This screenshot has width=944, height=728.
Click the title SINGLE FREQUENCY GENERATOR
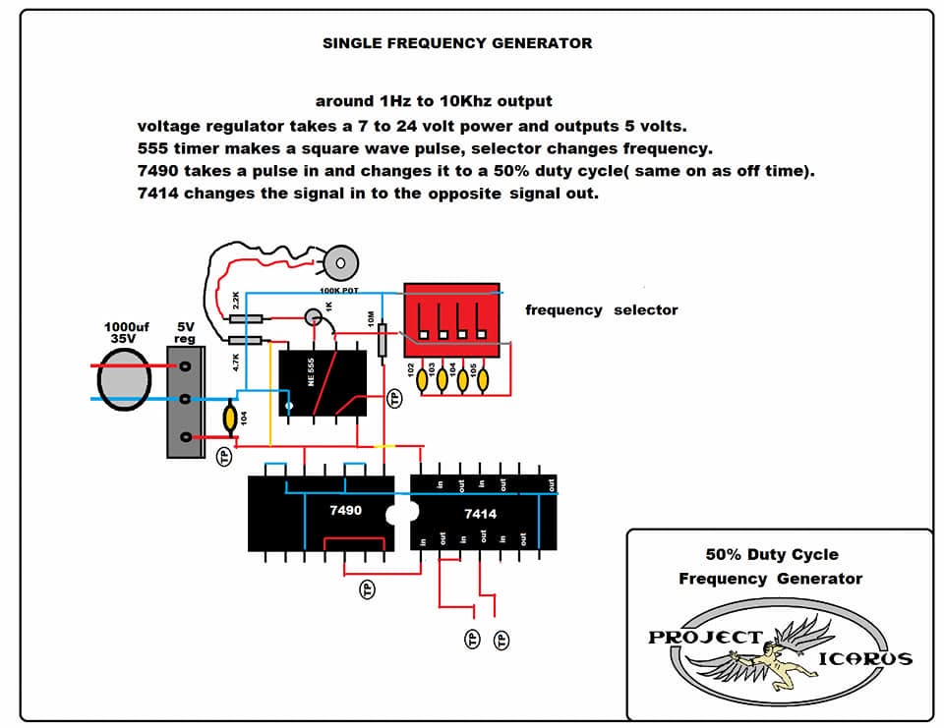click(x=457, y=43)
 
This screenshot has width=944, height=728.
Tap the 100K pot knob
click(x=341, y=263)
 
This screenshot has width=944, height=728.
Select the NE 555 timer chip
click(x=323, y=382)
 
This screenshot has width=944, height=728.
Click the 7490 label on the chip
click(x=345, y=510)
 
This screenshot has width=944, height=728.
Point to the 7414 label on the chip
click(x=481, y=514)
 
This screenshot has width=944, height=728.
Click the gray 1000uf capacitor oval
click(x=124, y=379)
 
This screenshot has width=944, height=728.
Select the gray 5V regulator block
click(x=186, y=402)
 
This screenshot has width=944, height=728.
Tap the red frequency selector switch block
click(x=451, y=320)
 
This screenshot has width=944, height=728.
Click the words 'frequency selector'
click(x=602, y=309)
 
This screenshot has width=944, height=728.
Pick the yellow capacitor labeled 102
click(x=423, y=380)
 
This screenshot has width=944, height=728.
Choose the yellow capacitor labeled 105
click(x=483, y=380)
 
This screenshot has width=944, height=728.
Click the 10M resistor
click(x=382, y=340)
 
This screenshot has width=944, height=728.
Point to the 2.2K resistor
click(x=246, y=319)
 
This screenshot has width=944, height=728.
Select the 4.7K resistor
click(x=245, y=341)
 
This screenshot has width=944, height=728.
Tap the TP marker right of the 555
click(x=394, y=398)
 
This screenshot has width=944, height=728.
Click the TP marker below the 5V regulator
click(x=224, y=457)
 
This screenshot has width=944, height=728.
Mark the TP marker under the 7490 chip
click(x=367, y=589)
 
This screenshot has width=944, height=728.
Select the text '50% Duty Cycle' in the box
click(x=772, y=554)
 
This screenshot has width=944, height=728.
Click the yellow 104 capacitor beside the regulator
click(x=229, y=419)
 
